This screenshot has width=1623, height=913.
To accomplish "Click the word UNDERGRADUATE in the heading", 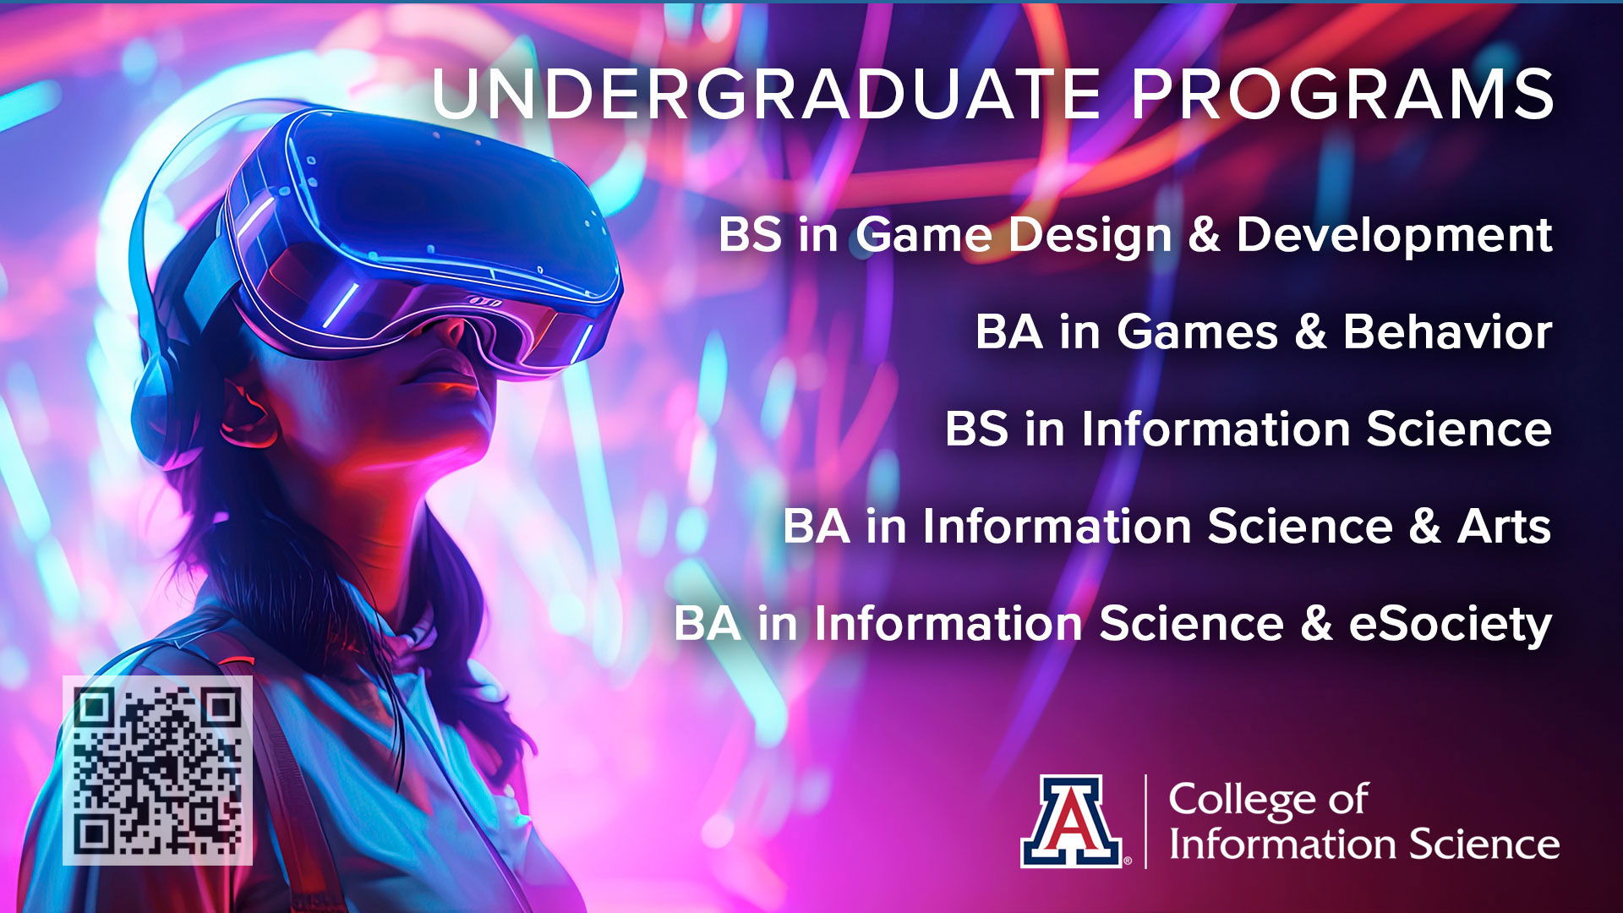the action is click(767, 94).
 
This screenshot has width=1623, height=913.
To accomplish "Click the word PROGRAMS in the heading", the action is click(1343, 94).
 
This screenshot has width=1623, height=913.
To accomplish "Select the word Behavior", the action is click(1448, 331).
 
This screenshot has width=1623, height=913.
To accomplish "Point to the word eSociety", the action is click(1451, 625).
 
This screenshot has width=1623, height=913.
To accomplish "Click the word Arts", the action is click(1505, 527).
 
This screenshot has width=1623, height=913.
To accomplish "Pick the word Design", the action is click(1090, 234).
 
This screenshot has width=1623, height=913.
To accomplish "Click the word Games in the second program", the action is click(1197, 331).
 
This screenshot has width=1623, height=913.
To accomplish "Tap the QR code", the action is click(157, 770).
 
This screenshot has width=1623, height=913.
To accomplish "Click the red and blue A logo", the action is click(1072, 822).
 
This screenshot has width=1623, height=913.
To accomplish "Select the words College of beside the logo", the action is click(1268, 800).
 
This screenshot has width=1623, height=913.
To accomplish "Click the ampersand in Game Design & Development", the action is click(1205, 234).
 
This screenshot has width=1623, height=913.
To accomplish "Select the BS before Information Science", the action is click(976, 429).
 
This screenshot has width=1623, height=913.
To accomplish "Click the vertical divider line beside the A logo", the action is click(1146, 822).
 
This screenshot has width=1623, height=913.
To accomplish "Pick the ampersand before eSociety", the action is click(1316, 625).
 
